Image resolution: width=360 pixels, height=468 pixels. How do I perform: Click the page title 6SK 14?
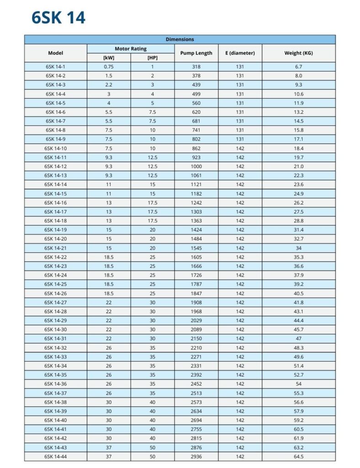[58, 17]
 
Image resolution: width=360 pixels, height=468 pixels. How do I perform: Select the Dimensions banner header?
[180, 39]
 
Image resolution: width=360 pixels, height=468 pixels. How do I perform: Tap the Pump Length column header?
[196, 53]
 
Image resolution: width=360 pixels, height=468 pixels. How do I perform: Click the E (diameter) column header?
[240, 53]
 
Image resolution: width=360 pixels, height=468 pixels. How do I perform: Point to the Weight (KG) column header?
[298, 53]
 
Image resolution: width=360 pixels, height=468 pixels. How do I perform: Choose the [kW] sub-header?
[108, 58]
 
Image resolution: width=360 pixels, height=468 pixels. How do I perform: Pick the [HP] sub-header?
[152, 58]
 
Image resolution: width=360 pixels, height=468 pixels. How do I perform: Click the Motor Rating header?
[130, 48]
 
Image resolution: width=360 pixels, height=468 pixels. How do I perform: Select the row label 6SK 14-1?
[55, 67]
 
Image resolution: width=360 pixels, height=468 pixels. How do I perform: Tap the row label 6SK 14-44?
[55, 457]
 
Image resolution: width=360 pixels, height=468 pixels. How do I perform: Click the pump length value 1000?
[196, 166]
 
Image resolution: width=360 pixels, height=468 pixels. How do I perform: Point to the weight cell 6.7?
[298, 67]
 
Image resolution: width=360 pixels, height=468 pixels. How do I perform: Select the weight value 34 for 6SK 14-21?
[298, 248]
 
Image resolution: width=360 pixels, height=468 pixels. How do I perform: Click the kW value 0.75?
[108, 67]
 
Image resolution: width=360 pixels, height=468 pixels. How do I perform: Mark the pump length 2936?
[196, 457]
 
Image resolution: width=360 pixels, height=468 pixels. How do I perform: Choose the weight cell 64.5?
[298, 457]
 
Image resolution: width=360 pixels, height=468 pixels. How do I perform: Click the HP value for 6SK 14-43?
[152, 447]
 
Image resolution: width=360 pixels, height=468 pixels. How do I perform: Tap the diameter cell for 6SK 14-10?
[240, 149]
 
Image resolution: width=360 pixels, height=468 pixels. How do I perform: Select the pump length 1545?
[196, 248]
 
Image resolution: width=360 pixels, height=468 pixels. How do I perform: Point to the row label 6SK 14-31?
[55, 339]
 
